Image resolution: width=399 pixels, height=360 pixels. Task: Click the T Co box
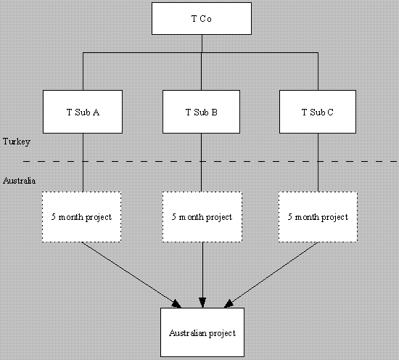pyautogui.click(x=202, y=19)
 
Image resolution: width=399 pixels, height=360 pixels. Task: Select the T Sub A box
pyautogui.click(x=83, y=112)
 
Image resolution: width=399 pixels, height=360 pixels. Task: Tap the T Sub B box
pyautogui.click(x=201, y=112)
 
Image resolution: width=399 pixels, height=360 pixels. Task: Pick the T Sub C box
pyautogui.click(x=318, y=112)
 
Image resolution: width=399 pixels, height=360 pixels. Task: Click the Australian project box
pyautogui.click(x=202, y=332)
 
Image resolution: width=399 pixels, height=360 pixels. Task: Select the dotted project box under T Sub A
pyautogui.click(x=81, y=217)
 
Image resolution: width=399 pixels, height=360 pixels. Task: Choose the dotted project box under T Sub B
pyautogui.click(x=202, y=217)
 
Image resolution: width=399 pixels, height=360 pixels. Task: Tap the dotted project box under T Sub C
pyautogui.click(x=318, y=217)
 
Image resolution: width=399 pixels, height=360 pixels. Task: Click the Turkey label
pyautogui.click(x=17, y=142)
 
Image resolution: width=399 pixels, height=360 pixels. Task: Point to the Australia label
pyautogui.click(x=19, y=181)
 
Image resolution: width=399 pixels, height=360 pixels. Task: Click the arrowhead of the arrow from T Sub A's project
pyautogui.click(x=176, y=304)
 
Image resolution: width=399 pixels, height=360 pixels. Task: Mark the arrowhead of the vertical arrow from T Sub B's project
pyautogui.click(x=202, y=303)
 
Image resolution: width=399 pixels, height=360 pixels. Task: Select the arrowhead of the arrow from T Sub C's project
pyautogui.click(x=229, y=303)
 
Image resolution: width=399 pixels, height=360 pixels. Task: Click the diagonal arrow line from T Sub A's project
pyautogui.click(x=131, y=274)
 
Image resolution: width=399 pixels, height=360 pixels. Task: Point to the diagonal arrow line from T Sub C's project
pyautogui.click(x=271, y=274)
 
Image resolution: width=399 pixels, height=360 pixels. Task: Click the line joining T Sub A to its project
pyautogui.click(x=83, y=163)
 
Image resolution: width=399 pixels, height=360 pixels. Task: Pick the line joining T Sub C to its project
pyautogui.click(x=318, y=163)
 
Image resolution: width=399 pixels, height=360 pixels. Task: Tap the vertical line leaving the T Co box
pyautogui.click(x=202, y=44)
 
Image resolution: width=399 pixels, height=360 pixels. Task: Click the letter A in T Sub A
pyautogui.click(x=96, y=112)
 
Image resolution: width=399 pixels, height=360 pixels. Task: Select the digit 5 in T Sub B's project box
pyautogui.click(x=174, y=217)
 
